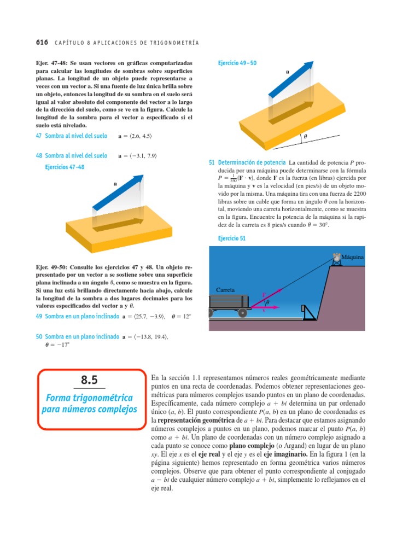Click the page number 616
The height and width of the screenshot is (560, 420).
(x=41, y=42)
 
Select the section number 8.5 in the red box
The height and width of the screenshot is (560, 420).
(x=89, y=381)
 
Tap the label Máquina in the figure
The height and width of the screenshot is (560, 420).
(x=353, y=256)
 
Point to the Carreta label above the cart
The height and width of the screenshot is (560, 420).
(x=225, y=289)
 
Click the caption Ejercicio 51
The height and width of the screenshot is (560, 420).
(x=232, y=238)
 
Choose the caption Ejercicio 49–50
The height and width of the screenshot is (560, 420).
(x=237, y=63)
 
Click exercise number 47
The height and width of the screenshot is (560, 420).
(x=39, y=136)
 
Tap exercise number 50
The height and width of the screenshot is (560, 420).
(x=39, y=337)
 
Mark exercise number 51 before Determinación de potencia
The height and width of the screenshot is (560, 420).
(x=212, y=162)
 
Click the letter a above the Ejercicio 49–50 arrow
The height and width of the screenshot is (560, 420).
(x=287, y=72)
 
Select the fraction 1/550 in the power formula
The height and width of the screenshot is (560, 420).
(x=234, y=178)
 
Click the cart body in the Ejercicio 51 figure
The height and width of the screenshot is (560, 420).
(x=229, y=302)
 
